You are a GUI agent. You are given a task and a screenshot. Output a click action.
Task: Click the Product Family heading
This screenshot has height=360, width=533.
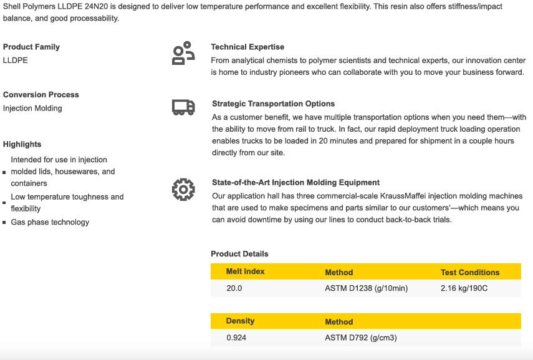tap(31, 47)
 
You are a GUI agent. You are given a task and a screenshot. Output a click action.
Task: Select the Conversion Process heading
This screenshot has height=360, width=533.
tap(41, 95)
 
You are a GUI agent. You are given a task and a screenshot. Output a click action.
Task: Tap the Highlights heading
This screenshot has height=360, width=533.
tap(22, 144)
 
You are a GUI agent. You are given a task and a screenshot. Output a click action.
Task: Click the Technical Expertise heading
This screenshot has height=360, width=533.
tap(247, 47)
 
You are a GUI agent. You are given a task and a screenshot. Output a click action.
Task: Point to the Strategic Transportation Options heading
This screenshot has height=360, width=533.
tap(273, 104)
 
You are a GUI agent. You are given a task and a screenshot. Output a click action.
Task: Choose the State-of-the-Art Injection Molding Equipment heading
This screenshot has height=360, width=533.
tap(295, 182)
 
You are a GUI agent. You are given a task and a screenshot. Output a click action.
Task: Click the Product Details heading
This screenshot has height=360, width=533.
tap(239, 254)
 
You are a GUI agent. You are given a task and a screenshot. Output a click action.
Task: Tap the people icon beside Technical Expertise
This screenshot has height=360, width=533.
tap(183, 54)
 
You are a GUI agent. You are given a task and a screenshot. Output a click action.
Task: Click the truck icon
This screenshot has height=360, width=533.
tap(183, 108)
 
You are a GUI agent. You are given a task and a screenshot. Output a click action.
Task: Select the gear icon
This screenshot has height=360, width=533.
tap(183, 189)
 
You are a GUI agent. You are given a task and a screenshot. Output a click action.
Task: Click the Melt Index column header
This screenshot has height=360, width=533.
tap(245, 271)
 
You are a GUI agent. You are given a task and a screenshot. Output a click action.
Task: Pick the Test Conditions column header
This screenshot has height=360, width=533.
tap(470, 273)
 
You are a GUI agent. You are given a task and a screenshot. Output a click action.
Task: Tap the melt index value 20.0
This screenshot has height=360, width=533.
tap(234, 288)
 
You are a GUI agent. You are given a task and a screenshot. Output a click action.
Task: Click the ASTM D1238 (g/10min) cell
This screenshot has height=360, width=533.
tap(366, 288)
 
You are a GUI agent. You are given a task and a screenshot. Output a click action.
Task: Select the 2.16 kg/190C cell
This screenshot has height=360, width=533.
tap(464, 288)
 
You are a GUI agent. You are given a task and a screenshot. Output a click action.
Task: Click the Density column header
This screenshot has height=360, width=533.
tap(240, 321)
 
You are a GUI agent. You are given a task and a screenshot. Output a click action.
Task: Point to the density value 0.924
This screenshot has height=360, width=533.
tap(236, 338)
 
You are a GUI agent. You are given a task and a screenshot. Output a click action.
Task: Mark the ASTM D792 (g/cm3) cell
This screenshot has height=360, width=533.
tap(360, 338)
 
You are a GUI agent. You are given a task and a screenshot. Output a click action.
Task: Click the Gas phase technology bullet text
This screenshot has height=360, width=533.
tap(50, 222)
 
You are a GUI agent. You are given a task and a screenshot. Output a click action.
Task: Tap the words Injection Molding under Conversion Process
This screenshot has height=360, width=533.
tap(32, 109)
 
